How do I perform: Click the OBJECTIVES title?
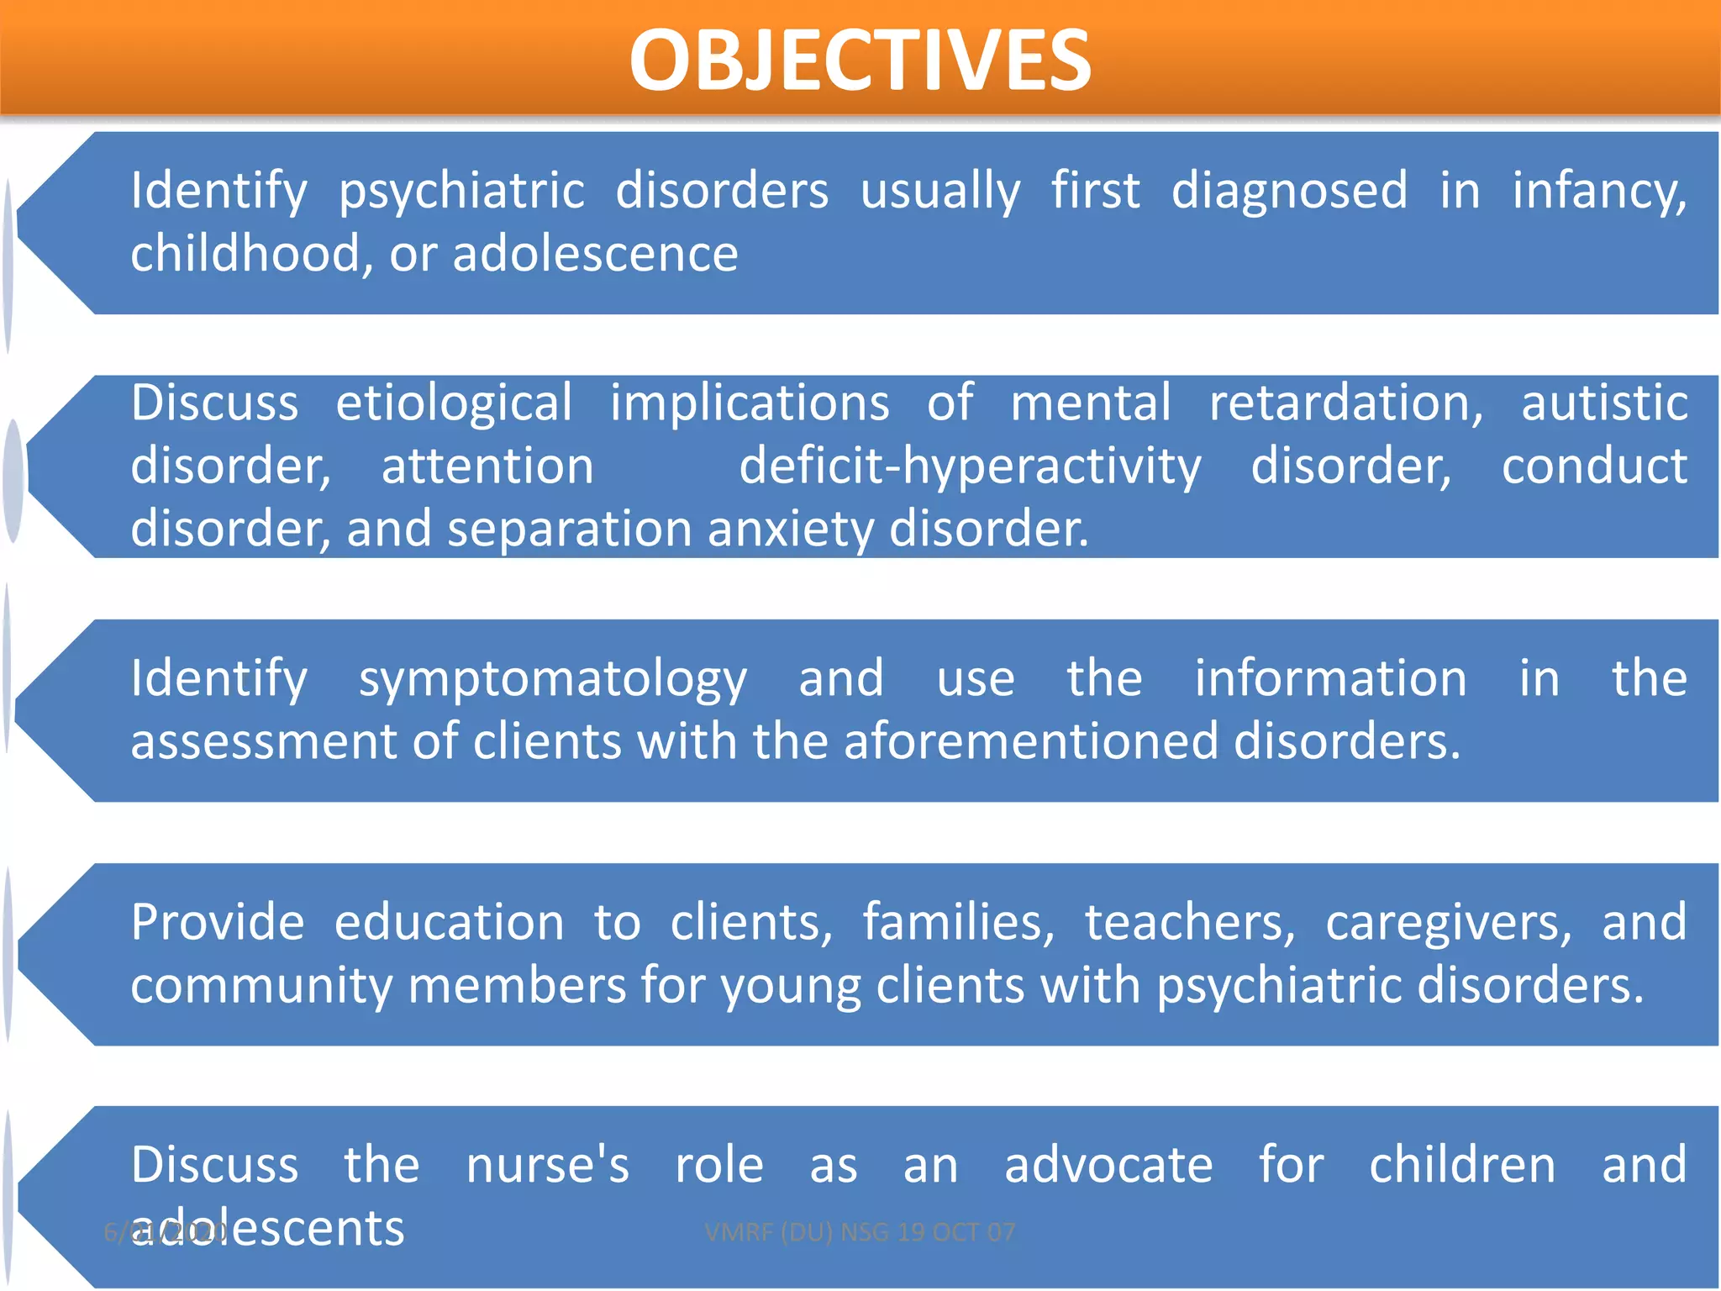[860, 61]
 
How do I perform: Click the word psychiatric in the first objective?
[461, 192]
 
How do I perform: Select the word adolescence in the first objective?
[595, 254]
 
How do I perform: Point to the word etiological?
[454, 403]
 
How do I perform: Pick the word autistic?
[1604, 403]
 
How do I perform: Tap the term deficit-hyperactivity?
[970, 467]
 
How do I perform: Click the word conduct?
[1594, 466]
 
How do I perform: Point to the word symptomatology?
[552, 680]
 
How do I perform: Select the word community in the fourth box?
[261, 986]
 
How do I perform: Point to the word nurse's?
[547, 1166]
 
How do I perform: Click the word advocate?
[1108, 1166]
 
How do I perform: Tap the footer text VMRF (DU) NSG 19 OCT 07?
[860, 1232]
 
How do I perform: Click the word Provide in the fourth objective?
[217, 923]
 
